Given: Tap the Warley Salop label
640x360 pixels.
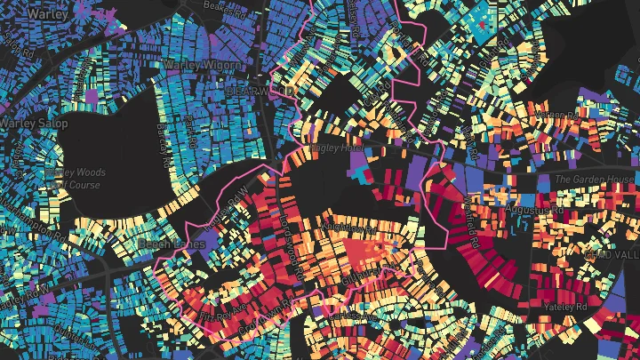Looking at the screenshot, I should [x=33, y=124].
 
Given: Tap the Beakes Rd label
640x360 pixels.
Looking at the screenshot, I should [x=221, y=6].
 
